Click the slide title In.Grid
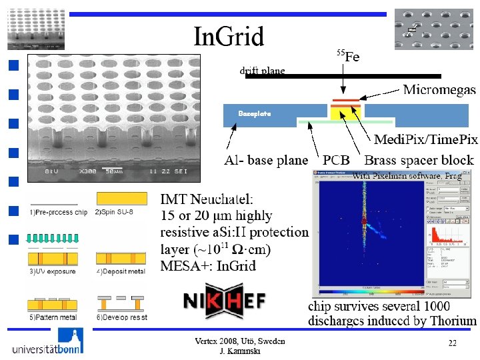click(229, 37)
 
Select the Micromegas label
click(439, 89)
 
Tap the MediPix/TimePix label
click(425, 139)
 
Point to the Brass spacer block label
click(419, 160)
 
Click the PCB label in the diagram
click(337, 160)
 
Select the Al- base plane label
click(266, 160)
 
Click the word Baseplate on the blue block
click(255, 113)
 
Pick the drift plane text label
click(262, 70)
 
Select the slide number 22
click(452, 343)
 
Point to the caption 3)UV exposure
click(53, 271)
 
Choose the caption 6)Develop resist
click(122, 317)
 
